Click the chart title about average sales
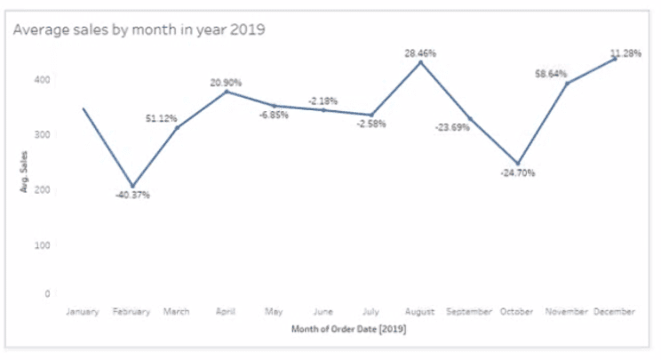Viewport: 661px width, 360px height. [139, 29]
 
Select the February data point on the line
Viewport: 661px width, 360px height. [131, 185]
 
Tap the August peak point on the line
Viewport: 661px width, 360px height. [420, 62]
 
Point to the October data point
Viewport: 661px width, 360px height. [517, 164]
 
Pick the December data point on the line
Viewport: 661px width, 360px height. [614, 59]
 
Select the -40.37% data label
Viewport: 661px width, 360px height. [132, 195]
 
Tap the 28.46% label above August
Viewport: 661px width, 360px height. [420, 53]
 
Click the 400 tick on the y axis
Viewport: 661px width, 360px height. [43, 80]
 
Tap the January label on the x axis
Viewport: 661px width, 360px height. [83, 312]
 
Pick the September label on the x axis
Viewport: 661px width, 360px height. [468, 312]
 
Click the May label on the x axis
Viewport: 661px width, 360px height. [275, 312]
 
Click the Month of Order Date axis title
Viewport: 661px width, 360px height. [348, 330]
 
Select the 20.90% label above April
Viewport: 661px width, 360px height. [227, 83]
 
